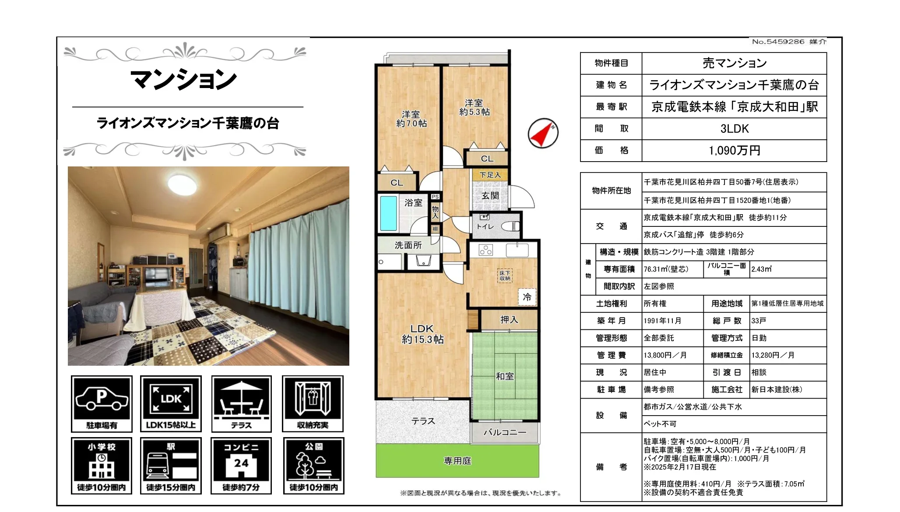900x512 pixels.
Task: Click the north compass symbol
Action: (x=543, y=133)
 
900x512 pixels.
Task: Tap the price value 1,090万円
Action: (x=734, y=151)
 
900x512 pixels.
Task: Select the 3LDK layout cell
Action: (x=734, y=129)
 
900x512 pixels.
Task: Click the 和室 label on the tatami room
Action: (x=505, y=376)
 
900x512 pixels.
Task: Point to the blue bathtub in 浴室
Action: (x=388, y=213)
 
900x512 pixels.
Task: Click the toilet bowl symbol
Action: (x=510, y=226)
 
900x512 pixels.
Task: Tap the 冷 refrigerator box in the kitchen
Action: (x=527, y=297)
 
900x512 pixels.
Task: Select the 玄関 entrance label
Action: (x=490, y=196)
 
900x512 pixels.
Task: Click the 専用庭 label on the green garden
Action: (x=457, y=461)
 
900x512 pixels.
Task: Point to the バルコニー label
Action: (x=505, y=432)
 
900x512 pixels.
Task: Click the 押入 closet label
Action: (x=509, y=320)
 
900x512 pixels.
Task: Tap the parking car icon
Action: (x=102, y=398)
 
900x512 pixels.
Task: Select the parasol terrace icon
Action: (x=241, y=398)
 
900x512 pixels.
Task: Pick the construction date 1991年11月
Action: (x=662, y=321)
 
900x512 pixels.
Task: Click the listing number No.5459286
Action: (x=778, y=42)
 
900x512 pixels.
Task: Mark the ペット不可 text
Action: (x=660, y=424)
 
